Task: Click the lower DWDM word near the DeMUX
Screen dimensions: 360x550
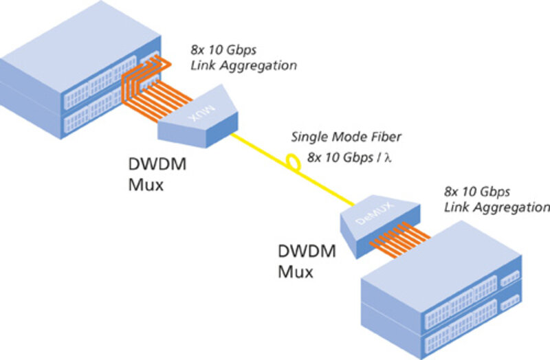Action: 307,252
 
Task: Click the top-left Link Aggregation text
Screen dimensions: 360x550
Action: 243,66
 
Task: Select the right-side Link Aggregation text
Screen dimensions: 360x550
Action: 497,207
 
